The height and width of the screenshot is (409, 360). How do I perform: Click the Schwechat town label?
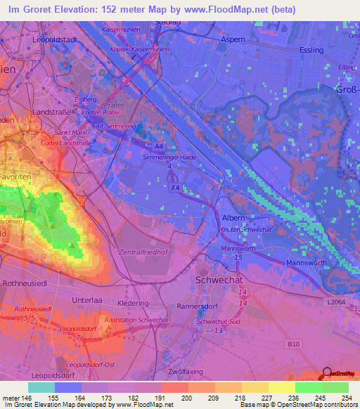coord(214,280)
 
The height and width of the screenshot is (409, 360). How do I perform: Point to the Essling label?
coord(311,51)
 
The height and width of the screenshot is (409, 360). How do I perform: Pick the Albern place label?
coord(233,219)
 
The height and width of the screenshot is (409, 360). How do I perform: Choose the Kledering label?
coord(134,303)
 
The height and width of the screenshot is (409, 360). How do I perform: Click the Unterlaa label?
coord(87,299)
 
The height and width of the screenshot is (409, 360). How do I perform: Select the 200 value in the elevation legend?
coord(187,398)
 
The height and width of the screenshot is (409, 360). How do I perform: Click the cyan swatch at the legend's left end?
coord(41,387)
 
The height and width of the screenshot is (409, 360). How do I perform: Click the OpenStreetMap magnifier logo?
coord(328,373)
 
